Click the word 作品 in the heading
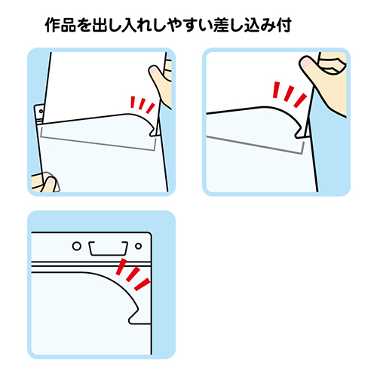(60, 25)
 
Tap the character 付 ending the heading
(284, 25)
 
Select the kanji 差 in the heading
(221, 25)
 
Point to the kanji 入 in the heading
(130, 25)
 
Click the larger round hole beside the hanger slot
(77, 246)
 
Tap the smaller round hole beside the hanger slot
(138, 246)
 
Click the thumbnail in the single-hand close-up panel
(306, 63)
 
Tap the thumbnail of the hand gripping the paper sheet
(154, 69)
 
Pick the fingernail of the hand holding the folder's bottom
(51, 182)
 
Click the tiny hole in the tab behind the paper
(41, 112)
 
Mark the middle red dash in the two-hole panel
(133, 274)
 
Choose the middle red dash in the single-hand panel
(289, 93)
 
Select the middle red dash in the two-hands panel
(143, 104)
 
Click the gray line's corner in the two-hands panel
(154, 150)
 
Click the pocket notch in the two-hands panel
(153, 132)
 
